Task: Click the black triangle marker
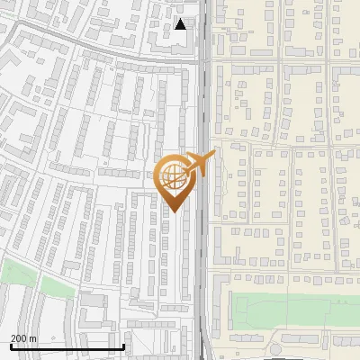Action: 181,24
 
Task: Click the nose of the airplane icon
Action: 214,154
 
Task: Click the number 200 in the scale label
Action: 20,338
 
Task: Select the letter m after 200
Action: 33,338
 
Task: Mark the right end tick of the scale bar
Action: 123,346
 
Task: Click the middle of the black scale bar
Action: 67,346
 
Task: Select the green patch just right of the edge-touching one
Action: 56,286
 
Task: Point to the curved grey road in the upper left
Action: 72,40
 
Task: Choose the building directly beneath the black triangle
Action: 179,42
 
